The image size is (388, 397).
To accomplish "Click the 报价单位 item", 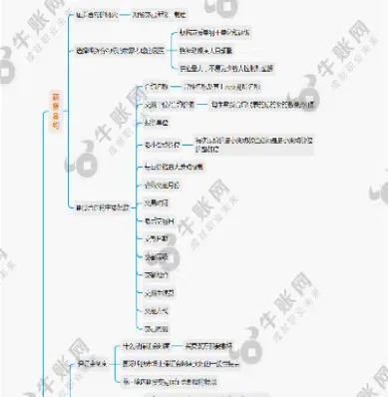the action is coord(154,122).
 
